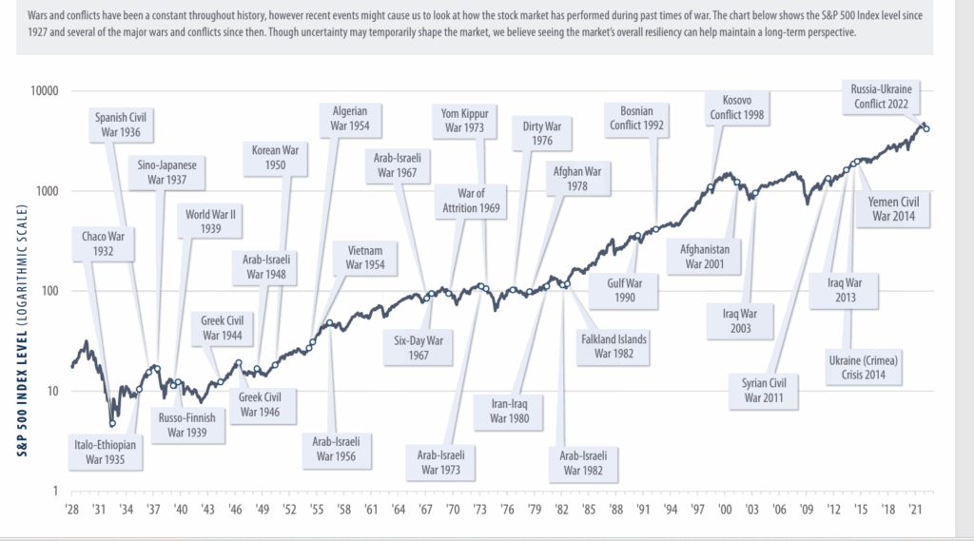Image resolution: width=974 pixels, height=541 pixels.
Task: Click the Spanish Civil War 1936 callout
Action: click(x=125, y=125)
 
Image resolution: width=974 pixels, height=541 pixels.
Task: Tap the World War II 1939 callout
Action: click(x=210, y=221)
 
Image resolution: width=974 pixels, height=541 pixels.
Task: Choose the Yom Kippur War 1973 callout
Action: click(x=464, y=121)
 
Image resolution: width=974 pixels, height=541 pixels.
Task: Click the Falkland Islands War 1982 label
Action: click(x=614, y=346)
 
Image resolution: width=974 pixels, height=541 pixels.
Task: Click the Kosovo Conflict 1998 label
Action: click(x=737, y=107)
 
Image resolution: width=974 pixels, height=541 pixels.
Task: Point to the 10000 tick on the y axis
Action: click(x=42, y=91)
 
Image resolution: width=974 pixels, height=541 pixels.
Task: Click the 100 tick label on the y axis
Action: click(x=47, y=291)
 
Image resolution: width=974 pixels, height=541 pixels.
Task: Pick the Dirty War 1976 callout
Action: click(x=536, y=132)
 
